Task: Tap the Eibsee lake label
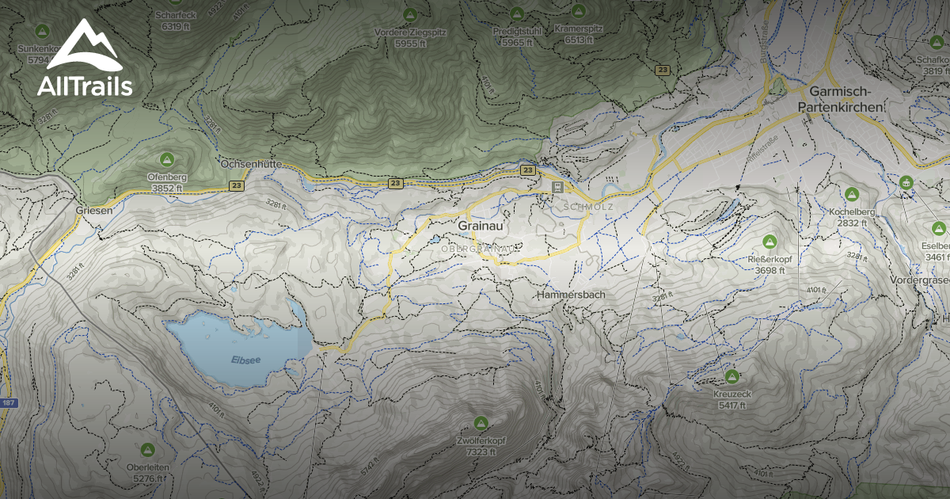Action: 245,360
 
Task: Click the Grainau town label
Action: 481,226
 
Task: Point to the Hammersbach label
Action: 570,295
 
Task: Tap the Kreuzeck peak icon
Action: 731,376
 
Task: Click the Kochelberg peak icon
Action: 852,194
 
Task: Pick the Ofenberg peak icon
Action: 166,158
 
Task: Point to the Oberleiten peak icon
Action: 146,449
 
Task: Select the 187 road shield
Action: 7,404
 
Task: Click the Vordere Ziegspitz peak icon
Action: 410,14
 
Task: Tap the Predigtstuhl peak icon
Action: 516,14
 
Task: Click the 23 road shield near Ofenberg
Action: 237,185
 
